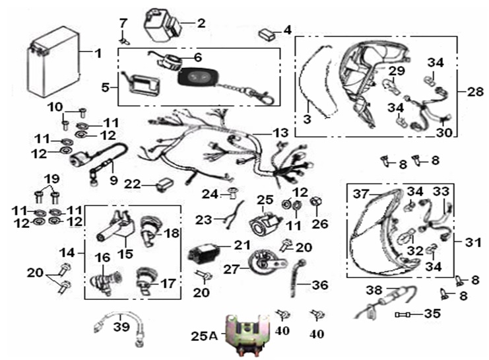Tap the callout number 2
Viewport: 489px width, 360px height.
click(202, 22)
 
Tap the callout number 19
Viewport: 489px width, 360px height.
click(51, 178)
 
